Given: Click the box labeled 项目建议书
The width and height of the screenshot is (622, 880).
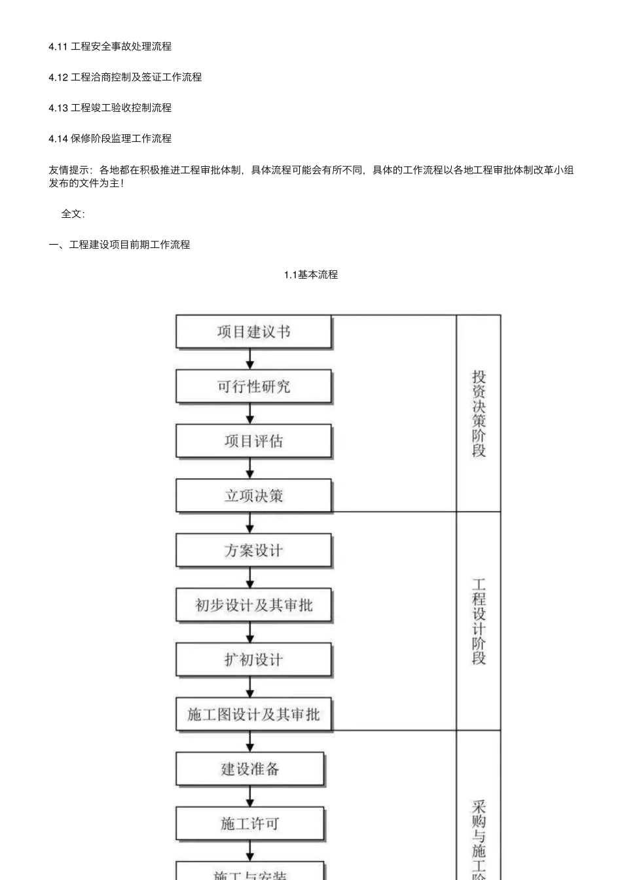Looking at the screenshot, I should [253, 332].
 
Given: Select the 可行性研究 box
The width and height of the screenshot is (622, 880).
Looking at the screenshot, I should [253, 387].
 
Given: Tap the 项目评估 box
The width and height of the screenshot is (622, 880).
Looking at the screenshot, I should [253, 442].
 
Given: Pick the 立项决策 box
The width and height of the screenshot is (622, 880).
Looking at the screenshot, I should [253, 496].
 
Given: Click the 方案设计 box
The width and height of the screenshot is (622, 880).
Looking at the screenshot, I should [253, 551].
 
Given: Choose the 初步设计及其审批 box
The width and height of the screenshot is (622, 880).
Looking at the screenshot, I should [253, 605].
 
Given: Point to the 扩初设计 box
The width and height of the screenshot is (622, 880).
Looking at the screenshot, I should [253, 660].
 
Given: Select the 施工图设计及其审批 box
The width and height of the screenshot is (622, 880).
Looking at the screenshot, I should [253, 714].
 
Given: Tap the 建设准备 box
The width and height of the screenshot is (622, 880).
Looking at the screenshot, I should [249, 769].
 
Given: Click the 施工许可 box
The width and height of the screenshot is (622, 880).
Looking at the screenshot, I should [249, 824].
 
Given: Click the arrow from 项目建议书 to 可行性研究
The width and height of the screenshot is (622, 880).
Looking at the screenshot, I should [249, 359].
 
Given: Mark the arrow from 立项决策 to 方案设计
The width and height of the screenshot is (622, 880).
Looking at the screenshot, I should [249, 523].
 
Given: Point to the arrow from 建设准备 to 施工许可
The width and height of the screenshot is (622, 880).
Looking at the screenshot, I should [249, 796].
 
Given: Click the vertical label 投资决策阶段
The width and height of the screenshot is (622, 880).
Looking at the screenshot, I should [479, 414].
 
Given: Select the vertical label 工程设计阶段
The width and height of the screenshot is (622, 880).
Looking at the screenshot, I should [479, 621].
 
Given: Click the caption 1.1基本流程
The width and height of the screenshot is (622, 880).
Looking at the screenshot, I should [310, 275].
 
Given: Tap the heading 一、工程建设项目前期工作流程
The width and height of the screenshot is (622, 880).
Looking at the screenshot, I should [119, 245].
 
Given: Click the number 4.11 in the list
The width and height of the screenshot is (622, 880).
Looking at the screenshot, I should [58, 46].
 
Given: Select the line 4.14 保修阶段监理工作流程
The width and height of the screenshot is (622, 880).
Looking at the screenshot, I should [110, 139].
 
